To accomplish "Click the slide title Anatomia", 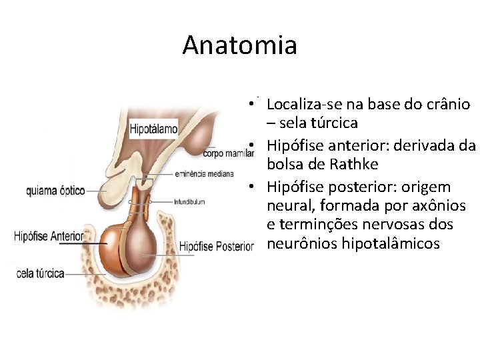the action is (239, 45).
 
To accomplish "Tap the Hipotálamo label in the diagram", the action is (154, 127).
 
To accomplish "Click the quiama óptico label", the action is (55, 191).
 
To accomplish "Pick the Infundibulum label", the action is (189, 201).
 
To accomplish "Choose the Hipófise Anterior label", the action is (49, 236).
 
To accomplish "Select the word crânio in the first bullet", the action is (446, 105).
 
